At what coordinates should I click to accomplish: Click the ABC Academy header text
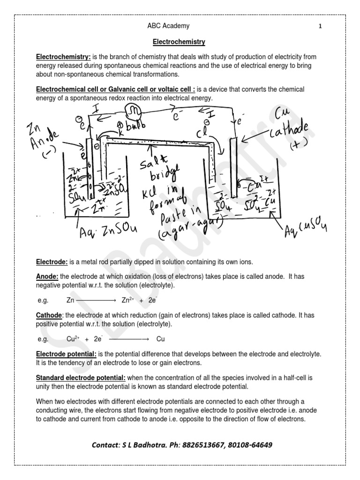click(x=168, y=26)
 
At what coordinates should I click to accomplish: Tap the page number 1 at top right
click(x=320, y=27)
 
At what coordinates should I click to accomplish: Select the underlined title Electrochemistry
click(x=179, y=42)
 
